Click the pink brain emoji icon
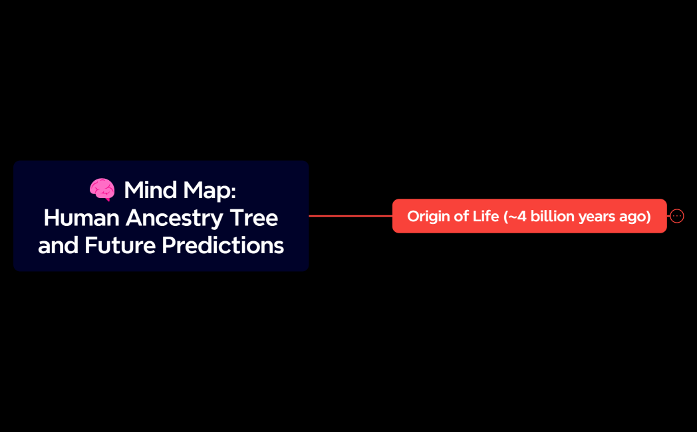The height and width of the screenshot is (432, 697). [102, 190]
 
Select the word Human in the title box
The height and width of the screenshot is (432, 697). [81, 217]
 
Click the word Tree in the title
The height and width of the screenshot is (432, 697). [255, 217]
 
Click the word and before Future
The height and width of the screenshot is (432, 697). [58, 245]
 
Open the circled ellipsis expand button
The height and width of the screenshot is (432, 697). [677, 216]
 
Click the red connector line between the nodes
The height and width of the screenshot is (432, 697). [350, 216]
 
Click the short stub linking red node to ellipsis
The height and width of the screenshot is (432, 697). [668, 216]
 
